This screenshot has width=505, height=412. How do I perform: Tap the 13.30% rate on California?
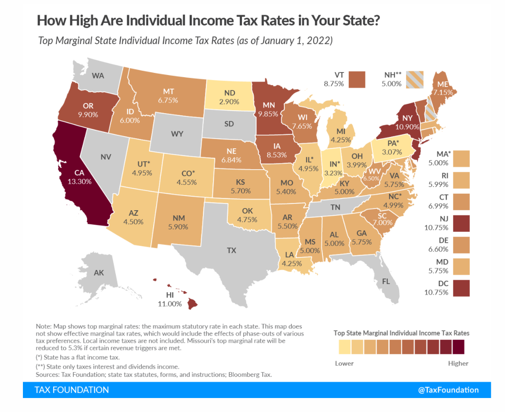coord(79,181)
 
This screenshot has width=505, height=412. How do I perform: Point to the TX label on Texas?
coord(231,250)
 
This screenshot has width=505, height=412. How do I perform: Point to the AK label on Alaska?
coord(98,273)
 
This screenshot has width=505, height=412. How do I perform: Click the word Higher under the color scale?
coord(458,363)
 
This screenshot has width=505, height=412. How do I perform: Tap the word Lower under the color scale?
coord(344,363)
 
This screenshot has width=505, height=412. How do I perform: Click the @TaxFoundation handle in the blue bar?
coord(448,390)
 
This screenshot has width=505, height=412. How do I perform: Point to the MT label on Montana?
coord(169,92)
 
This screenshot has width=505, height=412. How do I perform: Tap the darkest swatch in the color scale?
coord(458,348)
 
